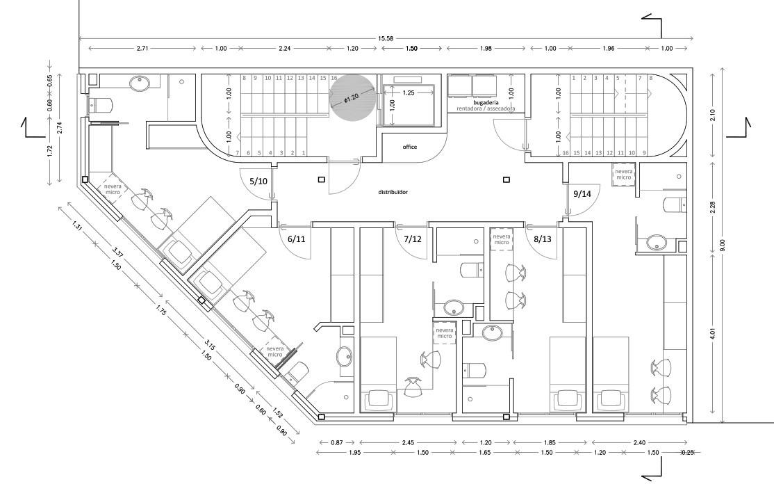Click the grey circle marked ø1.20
[x=353, y=98]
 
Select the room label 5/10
[x=258, y=181]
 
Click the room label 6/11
[x=297, y=239]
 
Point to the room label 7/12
[x=413, y=239]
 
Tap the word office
[x=411, y=147]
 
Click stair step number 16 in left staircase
[x=334, y=79]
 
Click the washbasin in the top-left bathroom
[x=140, y=83]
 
